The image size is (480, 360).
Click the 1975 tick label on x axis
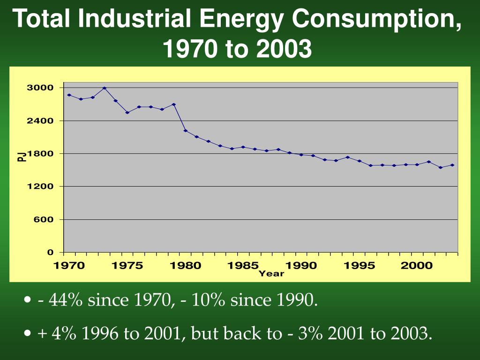(127, 265)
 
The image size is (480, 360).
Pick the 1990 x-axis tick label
(301, 265)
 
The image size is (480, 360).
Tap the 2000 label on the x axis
(417, 265)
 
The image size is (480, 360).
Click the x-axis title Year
(271, 273)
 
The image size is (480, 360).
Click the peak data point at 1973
(104, 88)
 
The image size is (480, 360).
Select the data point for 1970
(69, 95)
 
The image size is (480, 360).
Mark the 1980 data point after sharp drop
(185, 130)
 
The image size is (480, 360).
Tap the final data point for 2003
(452, 165)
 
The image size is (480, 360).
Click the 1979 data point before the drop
(173, 105)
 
